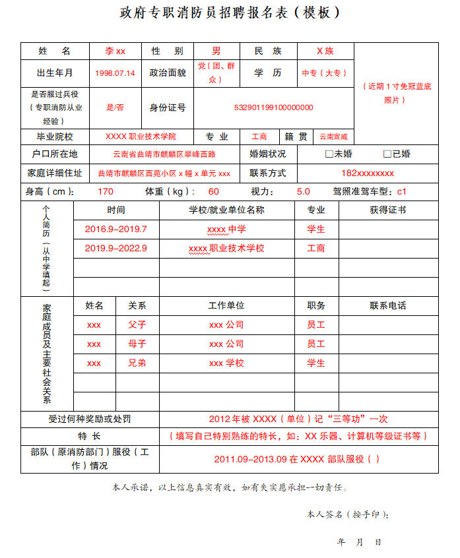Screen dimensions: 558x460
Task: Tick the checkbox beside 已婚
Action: (387, 154)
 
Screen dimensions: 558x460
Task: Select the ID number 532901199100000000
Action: (273, 108)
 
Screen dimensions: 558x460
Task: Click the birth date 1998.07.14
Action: (115, 73)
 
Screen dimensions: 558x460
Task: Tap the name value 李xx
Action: (115, 51)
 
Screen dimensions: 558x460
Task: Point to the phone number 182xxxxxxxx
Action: (368, 173)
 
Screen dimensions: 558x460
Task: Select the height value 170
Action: (105, 192)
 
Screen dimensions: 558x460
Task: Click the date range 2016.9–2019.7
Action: (116, 230)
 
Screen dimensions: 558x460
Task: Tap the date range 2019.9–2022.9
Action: (116, 249)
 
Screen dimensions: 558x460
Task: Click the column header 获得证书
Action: (387, 210)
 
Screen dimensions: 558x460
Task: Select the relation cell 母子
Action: (137, 344)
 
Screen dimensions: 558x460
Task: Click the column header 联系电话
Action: (387, 306)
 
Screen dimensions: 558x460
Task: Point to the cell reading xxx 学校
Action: (226, 363)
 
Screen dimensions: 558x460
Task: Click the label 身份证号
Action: (168, 108)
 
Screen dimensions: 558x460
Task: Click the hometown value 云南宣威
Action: (333, 137)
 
